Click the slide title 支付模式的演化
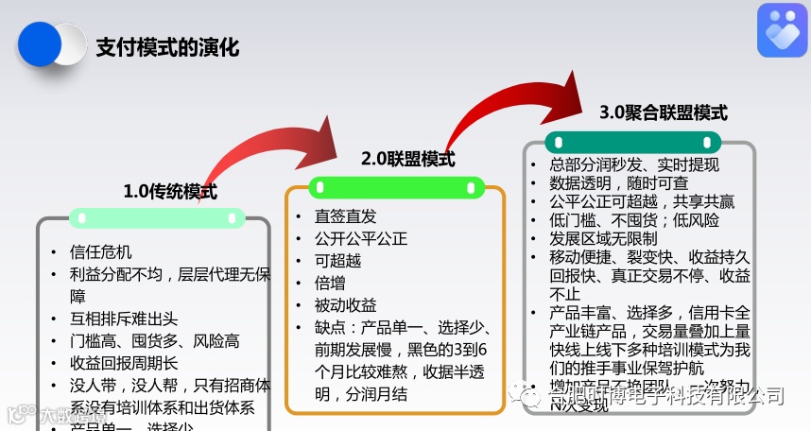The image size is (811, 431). tap(167, 46)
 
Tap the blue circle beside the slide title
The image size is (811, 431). tap(40, 44)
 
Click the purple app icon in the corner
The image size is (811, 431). tap(782, 30)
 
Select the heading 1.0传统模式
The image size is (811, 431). tap(170, 192)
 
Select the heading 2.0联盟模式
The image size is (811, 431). tap(407, 159)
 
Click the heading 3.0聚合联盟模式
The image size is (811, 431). tap(664, 112)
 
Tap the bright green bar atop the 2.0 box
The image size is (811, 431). tap(394, 185)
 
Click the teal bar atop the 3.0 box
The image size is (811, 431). tap(632, 142)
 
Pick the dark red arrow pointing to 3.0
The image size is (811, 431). tap(510, 104)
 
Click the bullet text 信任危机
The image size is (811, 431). tap(101, 252)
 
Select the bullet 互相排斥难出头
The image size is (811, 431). tap(124, 319)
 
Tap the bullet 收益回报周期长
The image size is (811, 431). tap(124, 363)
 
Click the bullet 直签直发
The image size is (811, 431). tap(345, 216)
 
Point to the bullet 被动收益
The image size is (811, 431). tap(345, 305)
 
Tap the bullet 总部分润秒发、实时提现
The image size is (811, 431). tap(634, 164)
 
